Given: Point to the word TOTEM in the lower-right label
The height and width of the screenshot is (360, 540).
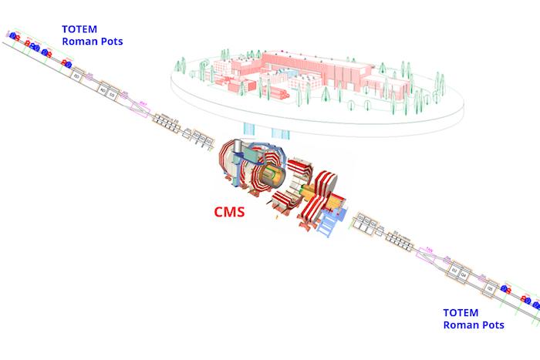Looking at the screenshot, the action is point(461,313).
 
